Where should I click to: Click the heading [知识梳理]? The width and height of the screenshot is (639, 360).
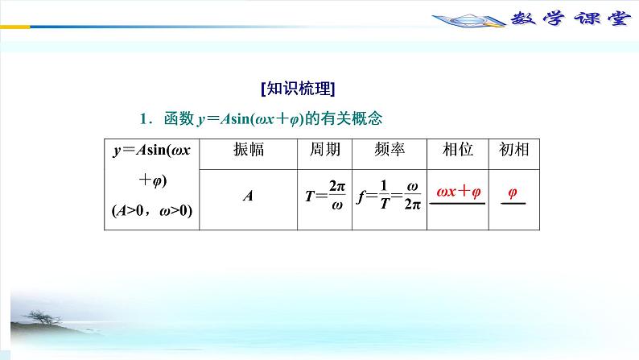tap(299, 88)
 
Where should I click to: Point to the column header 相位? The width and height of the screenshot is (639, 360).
tap(458, 150)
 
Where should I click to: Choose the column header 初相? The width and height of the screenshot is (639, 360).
tap(513, 150)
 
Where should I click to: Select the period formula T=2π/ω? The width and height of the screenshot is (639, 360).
tap(325, 195)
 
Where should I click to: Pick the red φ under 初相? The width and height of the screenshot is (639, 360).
tap(513, 192)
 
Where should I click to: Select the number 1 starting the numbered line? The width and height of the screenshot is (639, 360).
tap(142, 119)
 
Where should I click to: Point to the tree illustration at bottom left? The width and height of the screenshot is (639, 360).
tap(48, 322)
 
